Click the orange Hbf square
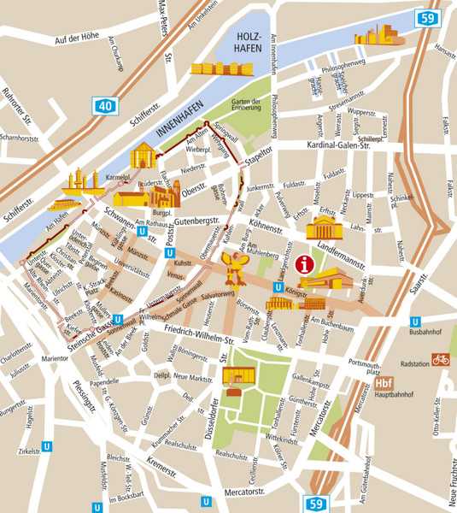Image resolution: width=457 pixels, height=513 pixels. (384, 384)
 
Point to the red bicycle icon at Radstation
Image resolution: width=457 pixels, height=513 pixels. (440, 360)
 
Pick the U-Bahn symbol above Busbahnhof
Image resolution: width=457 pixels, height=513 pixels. (414, 321)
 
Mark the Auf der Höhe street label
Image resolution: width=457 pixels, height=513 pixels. (83, 40)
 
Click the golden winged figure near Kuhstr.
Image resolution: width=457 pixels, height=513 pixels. (235, 269)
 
